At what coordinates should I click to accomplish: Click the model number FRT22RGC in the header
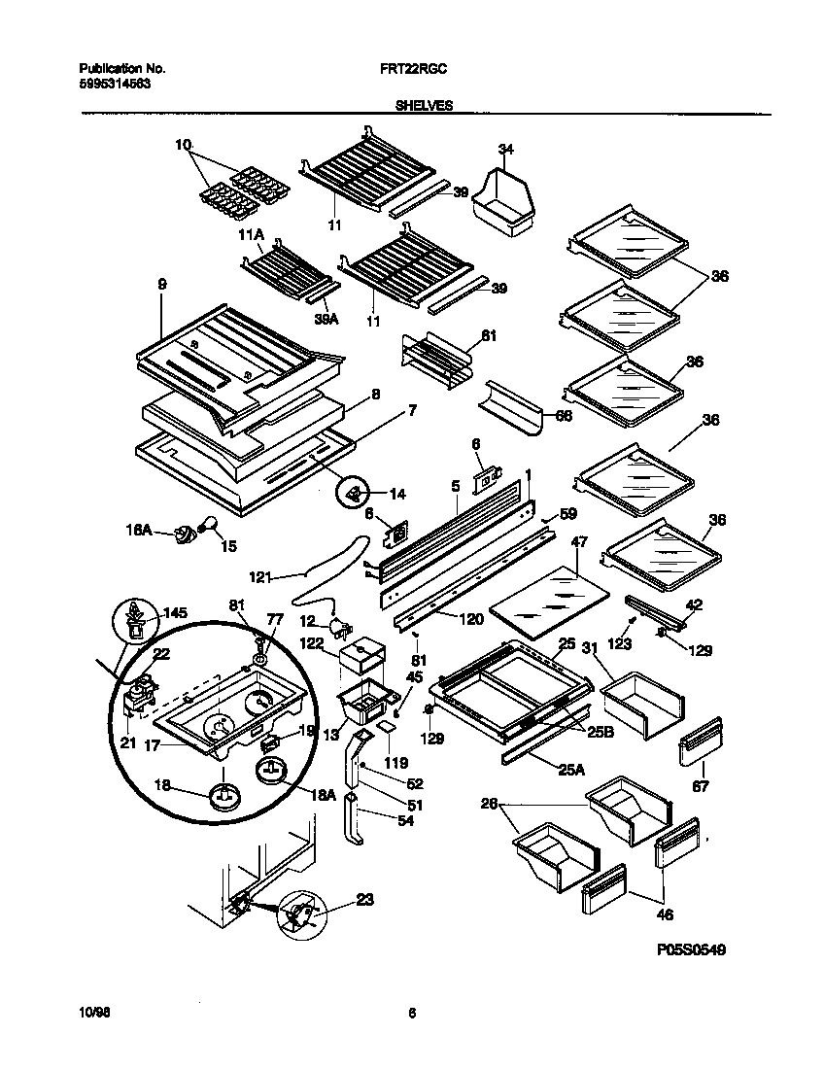tap(413, 70)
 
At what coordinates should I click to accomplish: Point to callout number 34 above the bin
tap(504, 149)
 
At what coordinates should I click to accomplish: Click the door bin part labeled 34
tap(502, 201)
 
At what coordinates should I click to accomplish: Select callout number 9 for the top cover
tap(162, 284)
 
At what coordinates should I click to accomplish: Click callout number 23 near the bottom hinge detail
tap(364, 899)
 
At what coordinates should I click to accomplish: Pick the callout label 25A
tap(570, 771)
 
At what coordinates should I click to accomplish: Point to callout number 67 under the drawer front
tap(699, 785)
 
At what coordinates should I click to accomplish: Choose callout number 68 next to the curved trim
tap(563, 415)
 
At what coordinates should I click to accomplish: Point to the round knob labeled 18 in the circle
tap(225, 795)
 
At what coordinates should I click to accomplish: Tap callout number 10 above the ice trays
tap(184, 145)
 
